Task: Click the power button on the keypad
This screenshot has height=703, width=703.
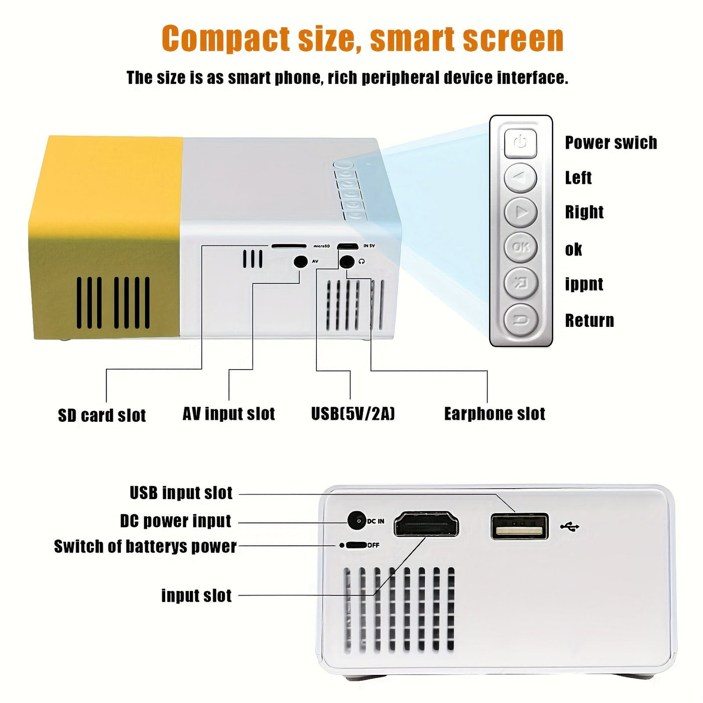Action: [x=521, y=143]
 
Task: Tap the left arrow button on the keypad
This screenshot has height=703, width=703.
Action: [x=521, y=178]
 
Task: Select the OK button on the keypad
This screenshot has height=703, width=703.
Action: [x=521, y=247]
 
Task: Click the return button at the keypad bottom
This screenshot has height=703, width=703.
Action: [x=521, y=319]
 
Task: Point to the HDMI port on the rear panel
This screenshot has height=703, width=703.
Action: [x=426, y=525]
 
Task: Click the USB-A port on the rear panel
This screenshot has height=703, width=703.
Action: [x=519, y=526]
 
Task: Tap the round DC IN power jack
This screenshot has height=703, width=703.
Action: [x=357, y=521]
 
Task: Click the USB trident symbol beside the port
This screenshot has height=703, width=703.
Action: [x=570, y=527]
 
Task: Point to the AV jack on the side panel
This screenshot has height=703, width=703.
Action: [x=300, y=262]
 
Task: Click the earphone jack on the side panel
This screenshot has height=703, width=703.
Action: [x=346, y=262]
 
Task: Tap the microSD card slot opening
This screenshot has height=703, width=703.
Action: [x=289, y=246]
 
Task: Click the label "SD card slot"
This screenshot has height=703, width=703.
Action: [x=102, y=415]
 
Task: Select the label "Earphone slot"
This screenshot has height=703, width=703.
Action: [x=495, y=414]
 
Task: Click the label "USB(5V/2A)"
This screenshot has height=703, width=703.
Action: [x=353, y=414]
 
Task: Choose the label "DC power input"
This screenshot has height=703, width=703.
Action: [x=176, y=521]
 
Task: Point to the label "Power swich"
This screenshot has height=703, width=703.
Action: [x=611, y=143]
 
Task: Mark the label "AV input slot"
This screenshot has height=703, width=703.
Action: [x=228, y=414]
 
